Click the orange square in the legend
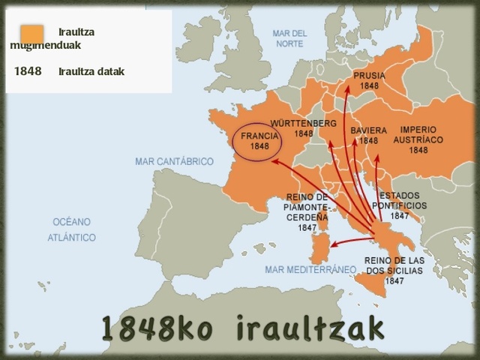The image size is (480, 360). [31, 34]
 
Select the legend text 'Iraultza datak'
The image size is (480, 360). [91, 72]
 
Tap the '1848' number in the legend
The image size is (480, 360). [28, 72]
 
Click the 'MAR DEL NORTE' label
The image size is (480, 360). [289, 38]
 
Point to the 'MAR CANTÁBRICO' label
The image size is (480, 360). [174, 161]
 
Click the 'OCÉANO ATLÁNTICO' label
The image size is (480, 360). [72, 229]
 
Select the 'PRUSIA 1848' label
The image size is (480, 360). [368, 81]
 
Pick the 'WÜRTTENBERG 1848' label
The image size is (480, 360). [303, 127]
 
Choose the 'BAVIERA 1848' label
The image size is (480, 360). [368, 135]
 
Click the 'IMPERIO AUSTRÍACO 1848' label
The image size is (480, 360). [418, 139]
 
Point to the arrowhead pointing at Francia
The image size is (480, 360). [274, 160]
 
